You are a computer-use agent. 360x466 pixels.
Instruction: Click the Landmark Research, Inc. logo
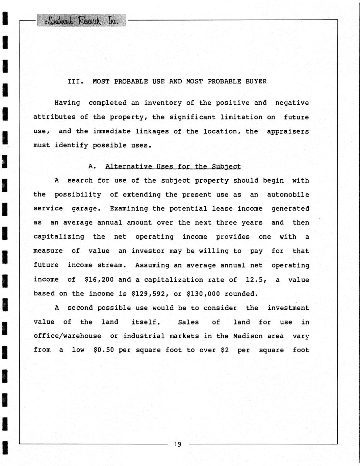point(81,21)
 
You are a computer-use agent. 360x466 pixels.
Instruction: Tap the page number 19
point(178,444)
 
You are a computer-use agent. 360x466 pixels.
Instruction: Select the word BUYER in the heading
point(256,81)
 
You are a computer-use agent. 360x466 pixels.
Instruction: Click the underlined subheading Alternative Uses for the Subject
point(173,166)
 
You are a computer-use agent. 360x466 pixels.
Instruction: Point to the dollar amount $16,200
point(99,280)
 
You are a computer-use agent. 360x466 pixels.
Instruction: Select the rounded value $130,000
point(203,294)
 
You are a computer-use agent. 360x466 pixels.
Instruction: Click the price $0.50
point(104,350)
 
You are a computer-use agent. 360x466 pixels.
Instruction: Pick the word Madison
point(248,336)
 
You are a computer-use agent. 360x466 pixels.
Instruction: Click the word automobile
point(288,195)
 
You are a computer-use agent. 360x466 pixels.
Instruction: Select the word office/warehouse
point(67,336)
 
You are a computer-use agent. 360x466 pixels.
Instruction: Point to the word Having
point(67,103)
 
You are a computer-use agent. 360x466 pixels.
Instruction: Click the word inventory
point(159,103)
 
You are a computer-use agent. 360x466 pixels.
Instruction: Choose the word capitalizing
point(59,237)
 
